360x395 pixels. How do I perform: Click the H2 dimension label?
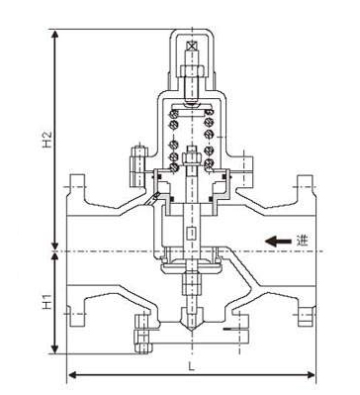pyautogui.click(x=47, y=140)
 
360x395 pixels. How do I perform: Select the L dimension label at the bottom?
pyautogui.click(x=191, y=366)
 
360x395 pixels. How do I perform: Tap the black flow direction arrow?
pyautogui.click(x=278, y=242)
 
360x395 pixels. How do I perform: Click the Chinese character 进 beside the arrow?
pyautogui.click(x=302, y=241)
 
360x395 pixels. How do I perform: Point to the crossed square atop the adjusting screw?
pyautogui.click(x=191, y=47)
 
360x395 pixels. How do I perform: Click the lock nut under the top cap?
pyautogui.click(x=192, y=71)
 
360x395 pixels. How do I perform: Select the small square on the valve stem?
pyautogui.click(x=192, y=234)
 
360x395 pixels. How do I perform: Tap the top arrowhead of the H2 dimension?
pyautogui.click(x=55, y=35)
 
